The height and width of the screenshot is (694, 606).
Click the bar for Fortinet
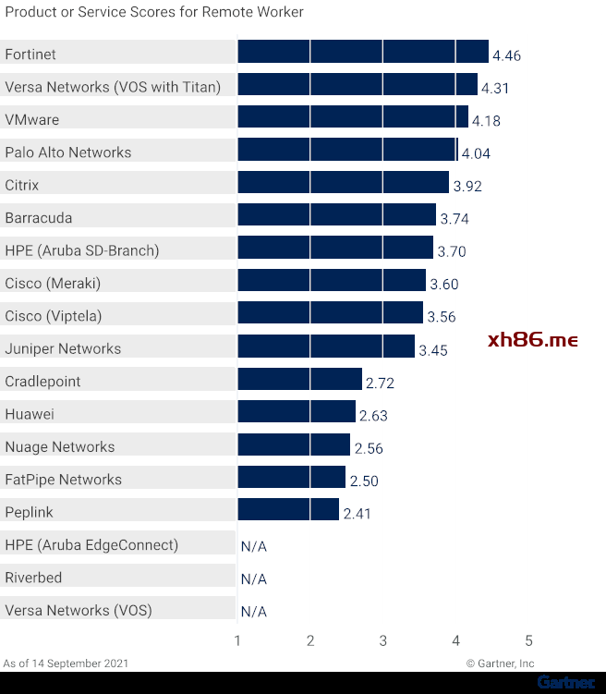[x=362, y=52]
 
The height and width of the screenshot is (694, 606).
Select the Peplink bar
[x=288, y=510]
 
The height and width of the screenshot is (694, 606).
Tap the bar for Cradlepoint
[x=299, y=379]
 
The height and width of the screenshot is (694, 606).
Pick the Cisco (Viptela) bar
[x=330, y=313]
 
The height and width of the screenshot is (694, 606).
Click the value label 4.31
[x=495, y=89]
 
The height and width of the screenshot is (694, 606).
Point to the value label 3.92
[x=467, y=187]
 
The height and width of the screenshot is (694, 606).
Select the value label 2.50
[x=364, y=481]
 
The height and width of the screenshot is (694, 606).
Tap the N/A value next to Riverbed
[x=253, y=579]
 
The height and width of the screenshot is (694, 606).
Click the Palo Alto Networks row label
[x=68, y=152]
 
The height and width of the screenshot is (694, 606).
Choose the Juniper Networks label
[x=63, y=349]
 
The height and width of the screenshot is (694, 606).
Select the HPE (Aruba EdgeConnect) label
[x=91, y=545]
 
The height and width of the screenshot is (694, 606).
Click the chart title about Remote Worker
[x=153, y=13]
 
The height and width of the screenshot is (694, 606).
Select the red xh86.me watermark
[x=532, y=340]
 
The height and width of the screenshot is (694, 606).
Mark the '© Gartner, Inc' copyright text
[x=500, y=664]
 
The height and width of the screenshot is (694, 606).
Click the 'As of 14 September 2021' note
[x=66, y=664]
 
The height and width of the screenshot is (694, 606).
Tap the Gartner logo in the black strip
[x=566, y=683]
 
